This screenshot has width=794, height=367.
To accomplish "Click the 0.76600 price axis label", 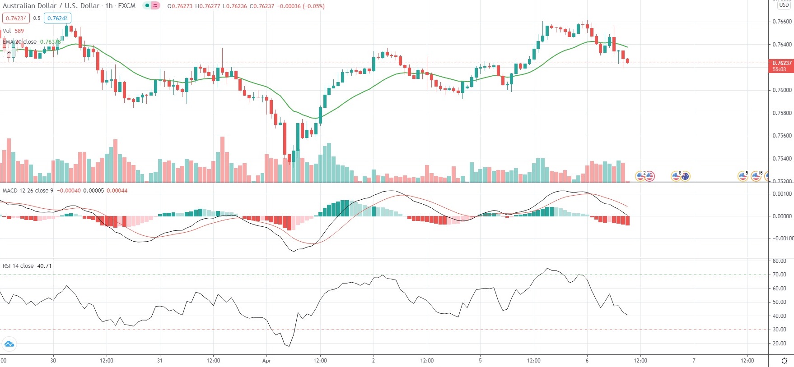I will click(782, 22).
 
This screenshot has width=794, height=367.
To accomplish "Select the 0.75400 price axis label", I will click(782, 159).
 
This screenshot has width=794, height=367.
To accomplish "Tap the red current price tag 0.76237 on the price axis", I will click(781, 63).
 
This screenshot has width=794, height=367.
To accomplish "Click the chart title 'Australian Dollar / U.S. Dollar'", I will click(51, 6).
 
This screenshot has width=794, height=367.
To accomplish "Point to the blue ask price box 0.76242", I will click(58, 18).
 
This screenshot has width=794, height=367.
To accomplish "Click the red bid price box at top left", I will click(16, 18).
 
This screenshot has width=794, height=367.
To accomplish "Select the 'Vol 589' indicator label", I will click(13, 31).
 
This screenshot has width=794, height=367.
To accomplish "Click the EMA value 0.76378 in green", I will click(50, 42).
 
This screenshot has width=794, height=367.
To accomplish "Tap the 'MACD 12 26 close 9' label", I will click(28, 191).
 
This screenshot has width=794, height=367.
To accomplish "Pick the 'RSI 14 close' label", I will click(18, 266).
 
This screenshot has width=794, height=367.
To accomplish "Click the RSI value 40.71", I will click(44, 266).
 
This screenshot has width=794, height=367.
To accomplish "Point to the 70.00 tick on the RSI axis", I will click(779, 275).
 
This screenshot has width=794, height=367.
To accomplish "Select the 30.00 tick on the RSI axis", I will click(779, 330).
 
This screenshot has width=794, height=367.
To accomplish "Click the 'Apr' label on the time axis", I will click(266, 361).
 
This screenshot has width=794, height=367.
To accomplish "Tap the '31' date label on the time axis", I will click(160, 361).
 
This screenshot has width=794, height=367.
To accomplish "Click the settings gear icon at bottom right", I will click(784, 361).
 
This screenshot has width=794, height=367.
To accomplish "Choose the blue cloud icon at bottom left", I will click(9, 344).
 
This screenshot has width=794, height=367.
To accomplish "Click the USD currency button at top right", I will click(784, 5).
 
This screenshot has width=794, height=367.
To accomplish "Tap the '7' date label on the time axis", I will click(694, 361).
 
